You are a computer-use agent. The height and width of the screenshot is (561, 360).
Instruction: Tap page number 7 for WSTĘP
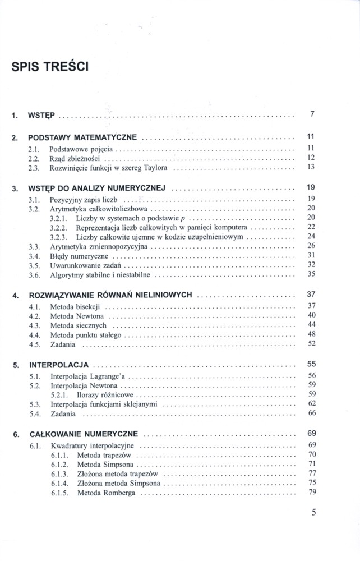pyautogui.click(x=312, y=115)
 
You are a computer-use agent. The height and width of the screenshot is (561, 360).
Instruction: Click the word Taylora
pyautogui.click(x=155, y=168)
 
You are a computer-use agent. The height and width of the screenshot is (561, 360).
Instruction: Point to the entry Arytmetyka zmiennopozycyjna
pyautogui.click(x=99, y=246)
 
